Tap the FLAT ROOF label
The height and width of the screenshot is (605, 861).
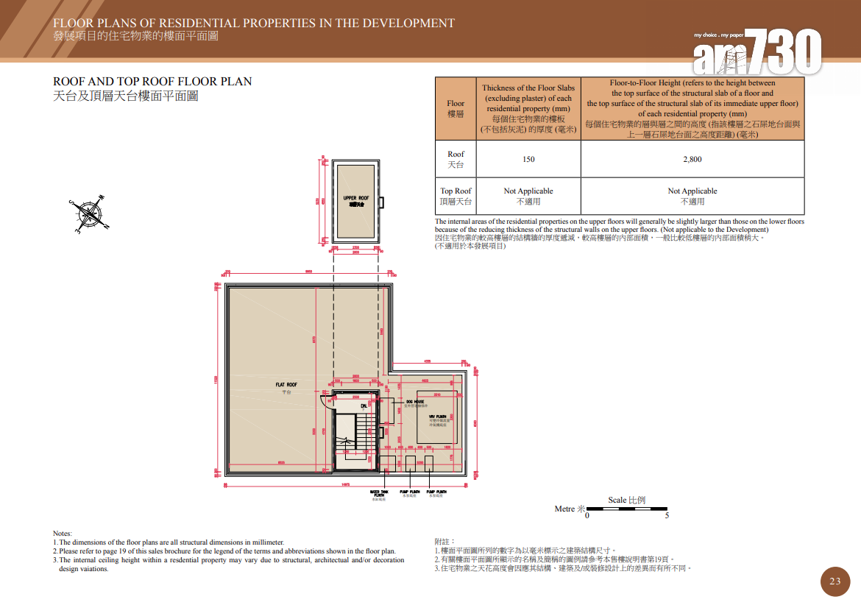[286, 385]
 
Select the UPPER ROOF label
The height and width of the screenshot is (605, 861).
[356, 199]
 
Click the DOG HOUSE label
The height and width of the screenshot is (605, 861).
[414, 402]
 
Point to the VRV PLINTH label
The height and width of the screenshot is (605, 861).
[438, 417]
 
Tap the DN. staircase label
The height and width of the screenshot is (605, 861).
[364, 406]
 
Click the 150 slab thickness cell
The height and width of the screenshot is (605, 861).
[528, 159]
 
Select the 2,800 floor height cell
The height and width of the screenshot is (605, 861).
[692, 159]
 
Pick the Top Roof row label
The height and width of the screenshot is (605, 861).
[456, 196]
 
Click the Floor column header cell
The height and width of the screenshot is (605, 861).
[456, 109]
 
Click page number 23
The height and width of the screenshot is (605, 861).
[835, 581]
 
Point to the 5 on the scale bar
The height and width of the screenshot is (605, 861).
[667, 516]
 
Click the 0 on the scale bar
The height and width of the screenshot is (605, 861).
[587, 516]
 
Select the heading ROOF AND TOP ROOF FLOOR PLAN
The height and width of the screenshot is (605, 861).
[152, 81]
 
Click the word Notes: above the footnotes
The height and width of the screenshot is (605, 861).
[63, 533]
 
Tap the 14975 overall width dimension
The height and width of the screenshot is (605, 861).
[345, 484]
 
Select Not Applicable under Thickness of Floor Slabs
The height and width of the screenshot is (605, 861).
[528, 191]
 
